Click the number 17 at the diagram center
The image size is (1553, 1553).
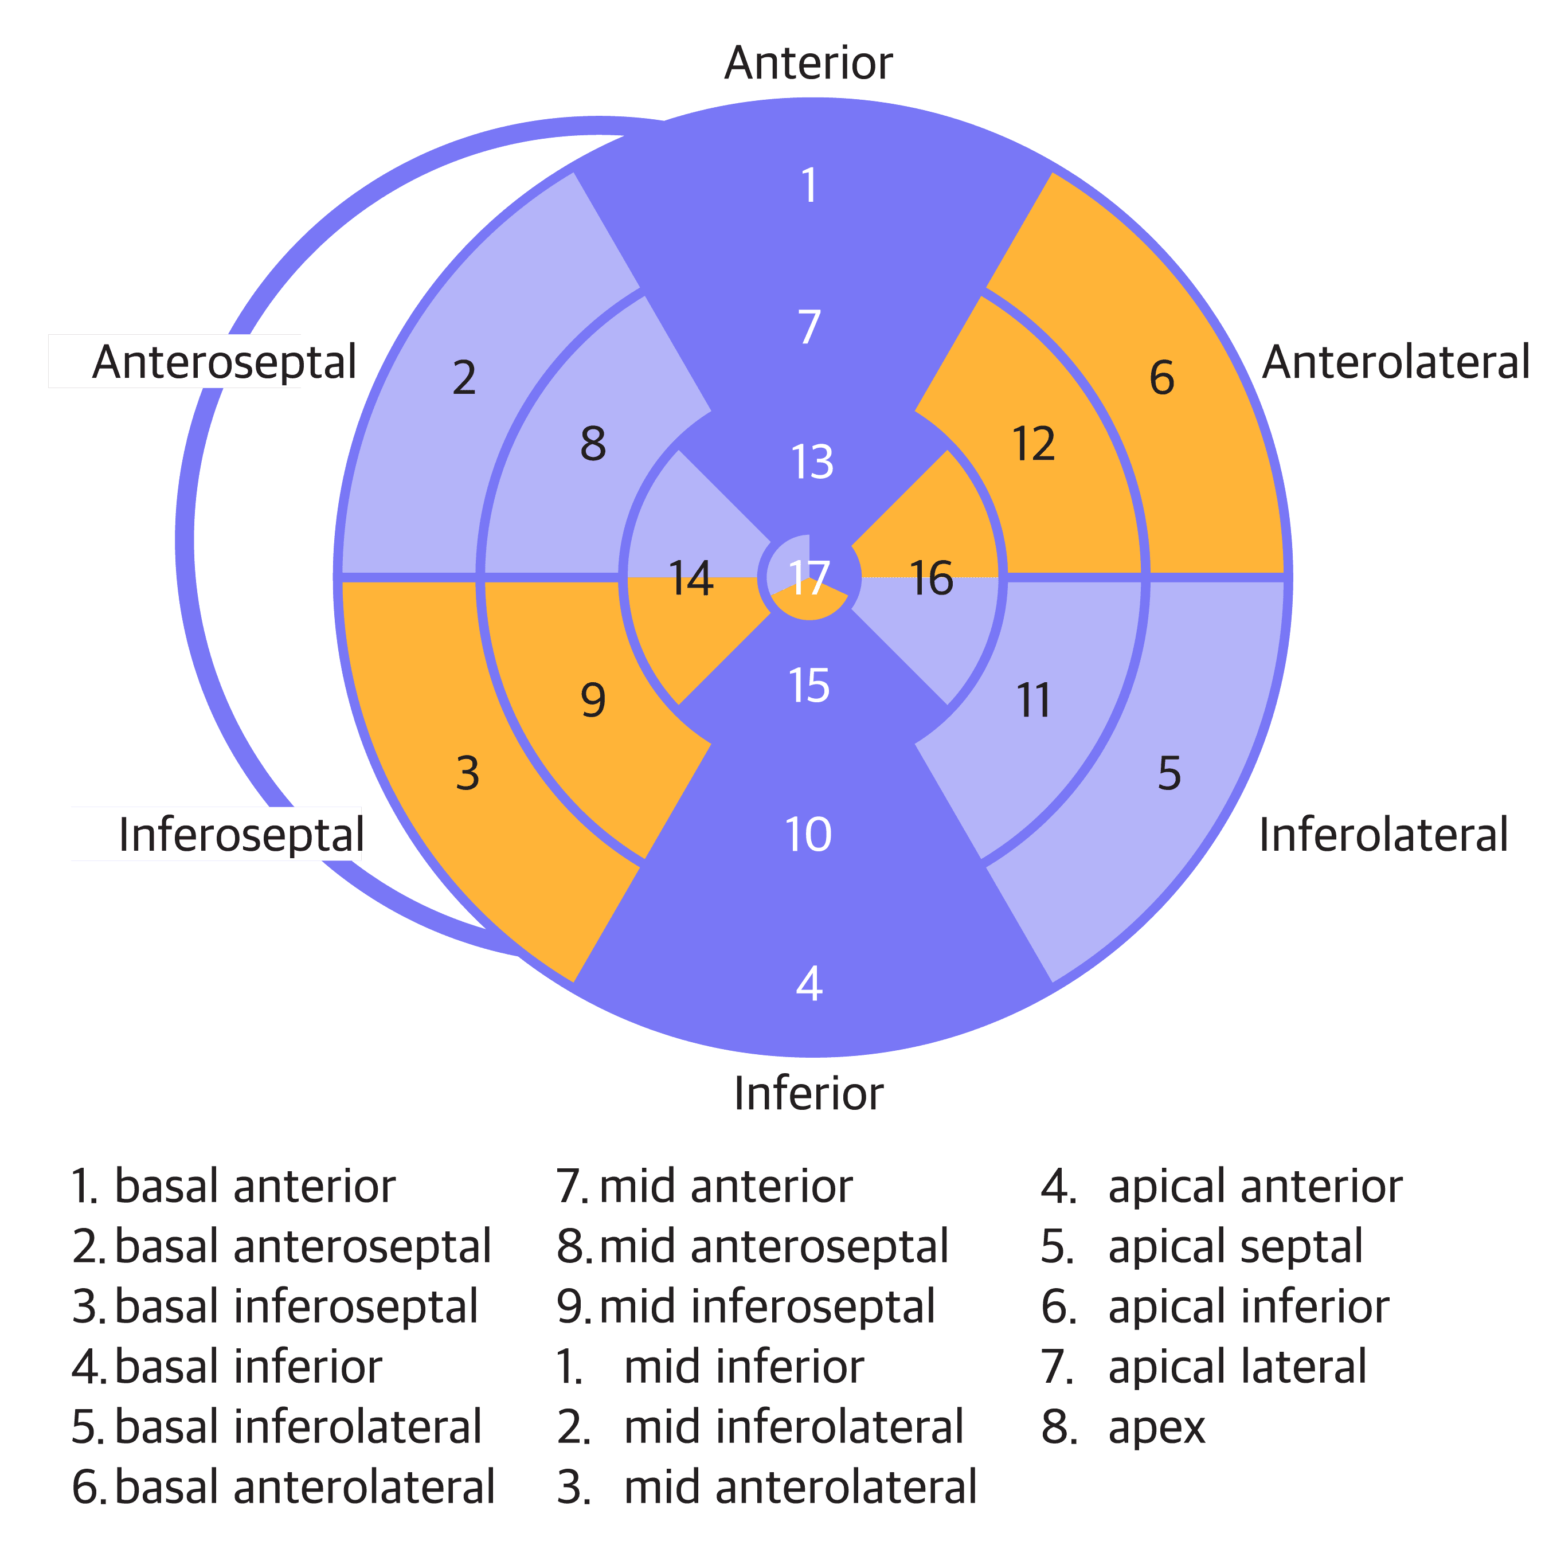point(809,577)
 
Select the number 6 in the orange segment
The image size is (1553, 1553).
point(1161,377)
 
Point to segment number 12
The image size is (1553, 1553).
point(1034,444)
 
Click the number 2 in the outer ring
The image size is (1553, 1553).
point(464,377)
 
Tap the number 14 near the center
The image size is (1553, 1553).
point(690,579)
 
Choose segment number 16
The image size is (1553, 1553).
point(931,579)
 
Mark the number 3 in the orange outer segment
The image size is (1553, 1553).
point(467,773)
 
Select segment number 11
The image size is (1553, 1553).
point(1034,701)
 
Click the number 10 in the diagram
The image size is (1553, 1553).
point(809,834)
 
